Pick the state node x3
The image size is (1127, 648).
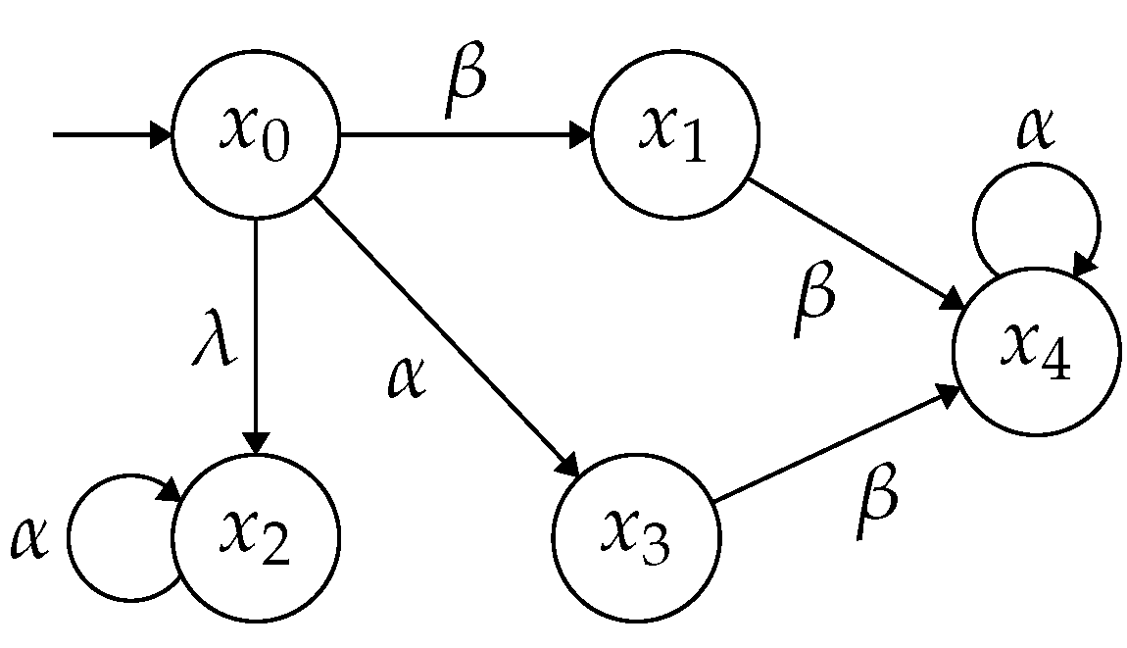(x=637, y=537)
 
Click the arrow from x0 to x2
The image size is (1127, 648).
(x=255, y=333)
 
